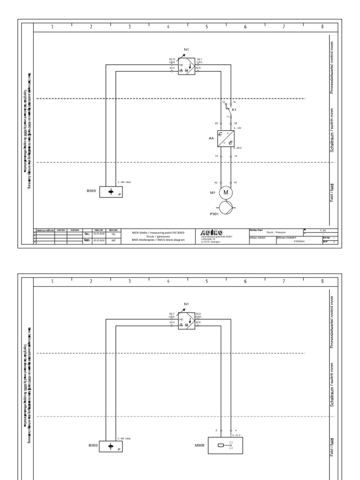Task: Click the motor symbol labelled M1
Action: [x=225, y=192]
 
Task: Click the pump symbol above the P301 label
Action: [x=225, y=207]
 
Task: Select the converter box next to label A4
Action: [x=225, y=139]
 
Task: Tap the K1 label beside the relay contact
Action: [x=234, y=110]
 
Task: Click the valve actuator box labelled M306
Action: [x=225, y=446]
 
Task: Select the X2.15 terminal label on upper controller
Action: [x=172, y=60]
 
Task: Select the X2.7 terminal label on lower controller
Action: [x=172, y=313]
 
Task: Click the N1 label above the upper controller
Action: [x=186, y=49]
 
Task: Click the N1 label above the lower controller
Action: [x=186, y=304]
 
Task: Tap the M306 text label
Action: [x=200, y=446]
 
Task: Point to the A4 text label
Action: [x=211, y=139]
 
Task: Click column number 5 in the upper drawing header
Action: [x=206, y=27]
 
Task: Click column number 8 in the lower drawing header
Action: [x=322, y=281]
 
